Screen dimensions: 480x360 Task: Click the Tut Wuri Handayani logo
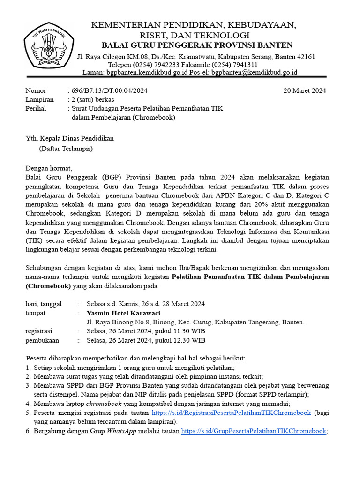(45, 46)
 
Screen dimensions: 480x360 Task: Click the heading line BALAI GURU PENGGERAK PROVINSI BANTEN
(197, 45)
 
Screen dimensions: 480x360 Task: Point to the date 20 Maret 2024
(305, 90)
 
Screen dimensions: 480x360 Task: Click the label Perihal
(36, 108)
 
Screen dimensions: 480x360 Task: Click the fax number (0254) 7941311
(234, 65)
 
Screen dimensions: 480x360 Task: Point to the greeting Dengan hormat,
(49, 168)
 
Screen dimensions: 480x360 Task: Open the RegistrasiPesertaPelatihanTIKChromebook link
(232, 412)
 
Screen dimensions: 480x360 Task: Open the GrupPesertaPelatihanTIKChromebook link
(253, 431)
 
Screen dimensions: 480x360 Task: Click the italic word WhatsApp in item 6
(121, 431)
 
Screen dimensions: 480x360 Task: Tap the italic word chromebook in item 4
(103, 404)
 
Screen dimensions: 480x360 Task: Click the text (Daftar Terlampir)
(66, 149)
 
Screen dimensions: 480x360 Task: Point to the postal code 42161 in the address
(305, 57)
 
